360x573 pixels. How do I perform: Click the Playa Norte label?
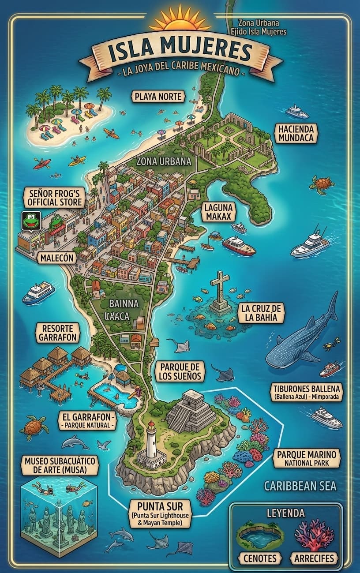coord(158,96)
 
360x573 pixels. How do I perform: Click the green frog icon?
coord(31,221)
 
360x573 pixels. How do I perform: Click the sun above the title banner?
coord(180,20)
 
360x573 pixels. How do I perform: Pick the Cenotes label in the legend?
coord(260,558)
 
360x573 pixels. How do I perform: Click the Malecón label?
coord(56,258)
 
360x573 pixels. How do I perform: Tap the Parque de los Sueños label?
coord(180,371)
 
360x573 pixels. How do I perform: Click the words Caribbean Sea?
coord(300,486)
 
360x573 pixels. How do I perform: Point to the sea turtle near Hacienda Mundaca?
coord(322,184)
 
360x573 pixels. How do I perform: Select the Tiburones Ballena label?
coord(307,392)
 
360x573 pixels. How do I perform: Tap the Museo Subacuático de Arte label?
coord(60,465)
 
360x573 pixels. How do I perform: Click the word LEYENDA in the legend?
coord(285,513)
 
